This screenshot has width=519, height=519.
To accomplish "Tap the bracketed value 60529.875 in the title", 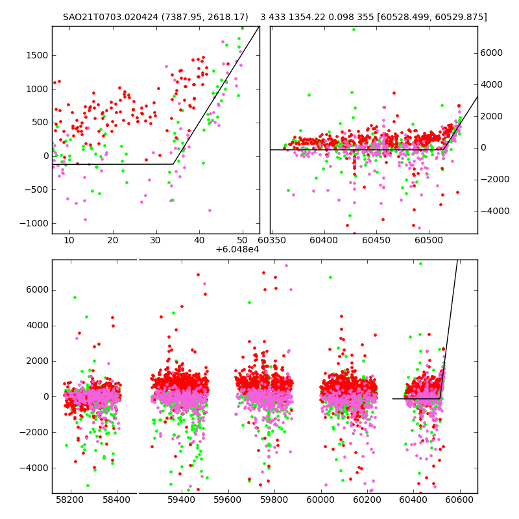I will tap(457, 17).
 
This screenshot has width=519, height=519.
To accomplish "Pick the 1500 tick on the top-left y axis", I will tap(36, 55).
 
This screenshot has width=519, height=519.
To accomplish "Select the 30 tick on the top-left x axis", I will tap(156, 241).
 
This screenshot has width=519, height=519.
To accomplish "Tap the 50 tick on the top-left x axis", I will tap(242, 241).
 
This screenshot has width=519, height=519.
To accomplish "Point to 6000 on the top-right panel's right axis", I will tap(491, 53).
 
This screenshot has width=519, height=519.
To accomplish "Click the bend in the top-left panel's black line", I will tap(174, 164).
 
